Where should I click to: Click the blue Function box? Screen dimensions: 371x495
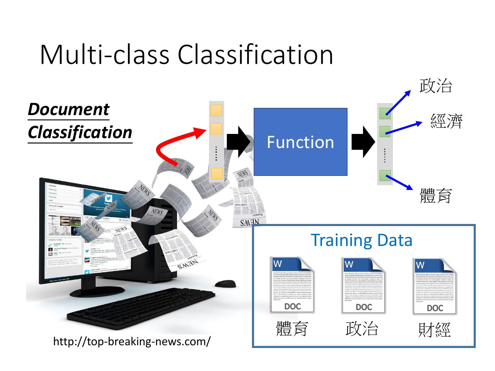click(300, 142)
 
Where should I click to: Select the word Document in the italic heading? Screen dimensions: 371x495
click(68, 110)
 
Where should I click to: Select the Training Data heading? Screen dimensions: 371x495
click(361, 240)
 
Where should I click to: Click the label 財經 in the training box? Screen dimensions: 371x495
click(434, 329)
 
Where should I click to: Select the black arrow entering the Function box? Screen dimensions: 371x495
click(238, 142)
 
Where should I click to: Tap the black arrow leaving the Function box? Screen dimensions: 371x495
click(362, 142)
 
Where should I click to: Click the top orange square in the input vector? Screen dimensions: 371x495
click(216, 111)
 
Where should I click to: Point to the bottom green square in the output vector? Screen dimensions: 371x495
click(385, 176)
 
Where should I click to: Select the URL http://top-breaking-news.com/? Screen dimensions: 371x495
click(132, 341)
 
